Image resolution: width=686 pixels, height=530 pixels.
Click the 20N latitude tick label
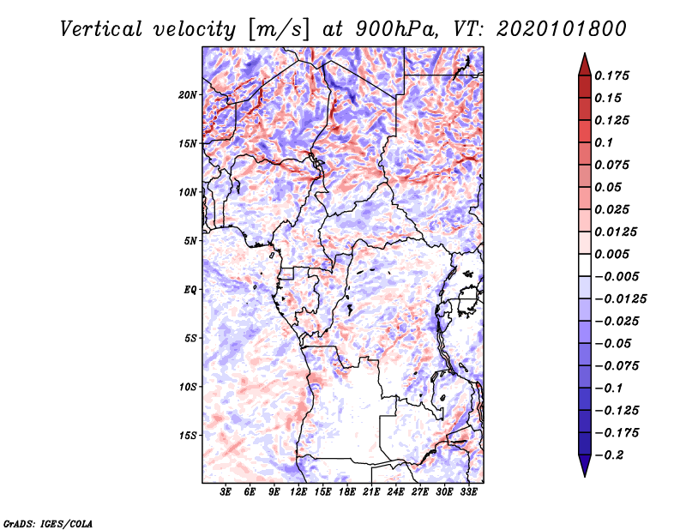click(188, 95)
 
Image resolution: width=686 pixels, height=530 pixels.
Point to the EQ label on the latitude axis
click(190, 290)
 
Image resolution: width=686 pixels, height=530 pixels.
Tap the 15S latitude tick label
click(188, 436)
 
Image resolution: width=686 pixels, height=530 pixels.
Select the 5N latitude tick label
click(190, 241)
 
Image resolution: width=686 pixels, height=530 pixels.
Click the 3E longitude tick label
click(226, 492)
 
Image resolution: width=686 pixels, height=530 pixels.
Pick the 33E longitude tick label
click(468, 492)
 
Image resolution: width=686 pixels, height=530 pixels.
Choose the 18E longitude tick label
click(347, 492)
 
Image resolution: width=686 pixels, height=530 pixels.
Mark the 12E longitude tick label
click(298, 492)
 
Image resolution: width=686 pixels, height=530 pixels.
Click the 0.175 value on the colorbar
click(611, 75)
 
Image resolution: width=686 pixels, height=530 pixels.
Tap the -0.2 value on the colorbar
click(609, 455)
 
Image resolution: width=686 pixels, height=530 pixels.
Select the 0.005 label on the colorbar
click(611, 254)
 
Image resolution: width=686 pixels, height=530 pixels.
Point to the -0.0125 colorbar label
click(620, 299)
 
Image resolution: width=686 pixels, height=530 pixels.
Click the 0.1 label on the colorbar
click(604, 142)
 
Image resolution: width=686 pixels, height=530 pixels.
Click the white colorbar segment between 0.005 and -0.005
click(585, 265)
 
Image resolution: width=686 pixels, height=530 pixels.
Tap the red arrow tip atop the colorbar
click(585, 54)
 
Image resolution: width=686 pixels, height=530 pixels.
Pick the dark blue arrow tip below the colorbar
click(585, 476)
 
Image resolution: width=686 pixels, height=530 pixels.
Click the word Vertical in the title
click(101, 29)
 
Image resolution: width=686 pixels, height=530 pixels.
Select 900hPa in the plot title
click(396, 29)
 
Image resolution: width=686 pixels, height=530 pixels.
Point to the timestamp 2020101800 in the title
click(562, 29)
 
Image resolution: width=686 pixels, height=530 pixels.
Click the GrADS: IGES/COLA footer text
click(48, 523)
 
